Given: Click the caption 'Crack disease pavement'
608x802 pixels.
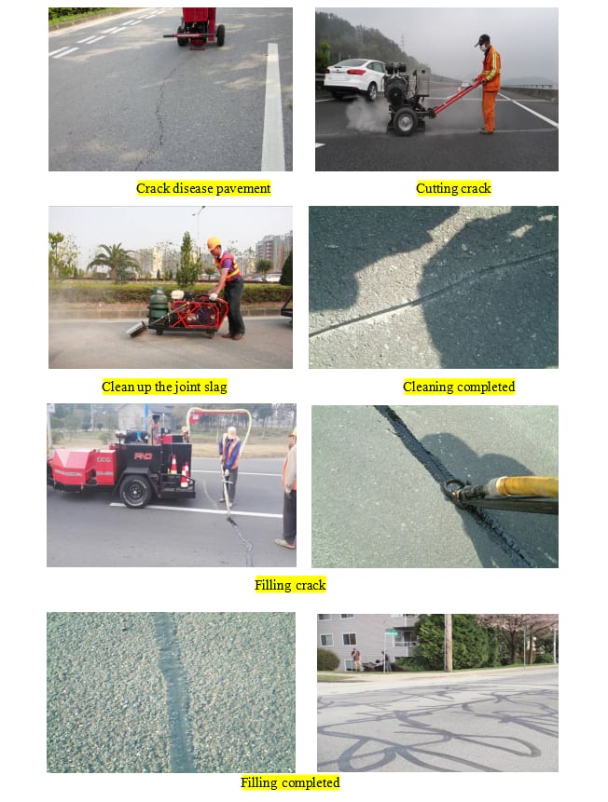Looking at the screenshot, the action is [x=203, y=188].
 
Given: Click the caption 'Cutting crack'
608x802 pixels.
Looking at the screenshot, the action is [x=453, y=188].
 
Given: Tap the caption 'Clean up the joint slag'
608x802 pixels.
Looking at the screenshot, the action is [x=164, y=387].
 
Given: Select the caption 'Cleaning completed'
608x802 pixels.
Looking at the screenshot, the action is [x=459, y=387].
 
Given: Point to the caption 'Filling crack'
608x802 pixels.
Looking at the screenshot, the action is [x=290, y=585].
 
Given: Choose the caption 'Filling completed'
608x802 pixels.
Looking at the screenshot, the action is [x=290, y=782].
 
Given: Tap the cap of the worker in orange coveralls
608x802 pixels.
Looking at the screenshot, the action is [x=481, y=39].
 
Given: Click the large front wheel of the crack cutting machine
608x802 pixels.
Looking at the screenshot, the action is [x=405, y=122].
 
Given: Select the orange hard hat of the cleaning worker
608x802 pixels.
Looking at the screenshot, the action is [x=214, y=242].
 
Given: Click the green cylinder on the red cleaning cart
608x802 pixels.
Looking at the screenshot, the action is [x=158, y=306].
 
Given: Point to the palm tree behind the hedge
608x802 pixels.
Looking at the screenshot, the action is [x=114, y=262].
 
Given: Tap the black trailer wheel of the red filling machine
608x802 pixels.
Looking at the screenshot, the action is [x=135, y=491].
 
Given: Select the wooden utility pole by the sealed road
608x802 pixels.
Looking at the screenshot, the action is [x=449, y=643].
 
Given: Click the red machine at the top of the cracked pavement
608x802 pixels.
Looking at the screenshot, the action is [x=200, y=28].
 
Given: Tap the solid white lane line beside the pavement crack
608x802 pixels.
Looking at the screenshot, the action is [x=273, y=107].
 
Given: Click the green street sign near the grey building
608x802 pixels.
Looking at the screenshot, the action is [x=392, y=633].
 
